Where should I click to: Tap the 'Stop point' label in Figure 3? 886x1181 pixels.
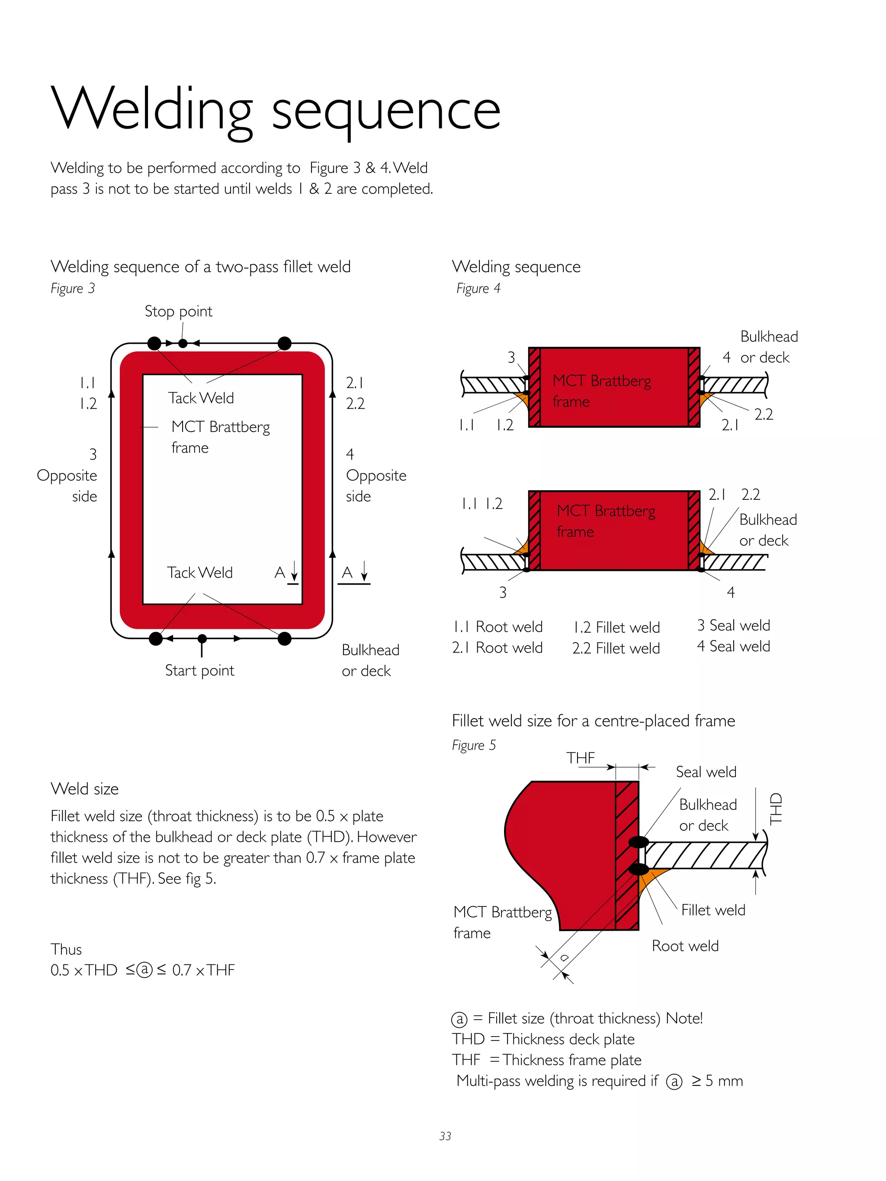click(178, 311)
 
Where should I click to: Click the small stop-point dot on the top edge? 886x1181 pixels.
click(183, 343)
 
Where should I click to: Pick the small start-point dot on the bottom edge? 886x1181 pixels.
click(202, 639)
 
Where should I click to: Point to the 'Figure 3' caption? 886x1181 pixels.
click(73, 289)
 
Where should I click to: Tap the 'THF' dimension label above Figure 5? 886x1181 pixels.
click(581, 758)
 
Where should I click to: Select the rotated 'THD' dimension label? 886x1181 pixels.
click(775, 809)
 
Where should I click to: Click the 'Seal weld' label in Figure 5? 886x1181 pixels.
click(706, 772)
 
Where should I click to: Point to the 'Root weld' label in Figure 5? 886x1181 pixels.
click(685, 946)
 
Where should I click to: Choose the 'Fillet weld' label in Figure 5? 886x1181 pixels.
click(713, 910)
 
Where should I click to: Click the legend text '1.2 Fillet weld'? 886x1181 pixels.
click(616, 627)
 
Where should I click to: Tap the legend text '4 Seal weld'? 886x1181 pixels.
click(733, 647)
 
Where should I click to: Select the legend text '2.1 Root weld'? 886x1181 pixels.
click(497, 648)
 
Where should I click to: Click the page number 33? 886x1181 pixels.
click(445, 1136)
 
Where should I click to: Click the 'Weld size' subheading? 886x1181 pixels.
click(84, 789)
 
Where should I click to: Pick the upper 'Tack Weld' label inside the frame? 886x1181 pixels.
click(201, 398)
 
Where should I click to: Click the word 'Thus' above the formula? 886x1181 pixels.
click(66, 949)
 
